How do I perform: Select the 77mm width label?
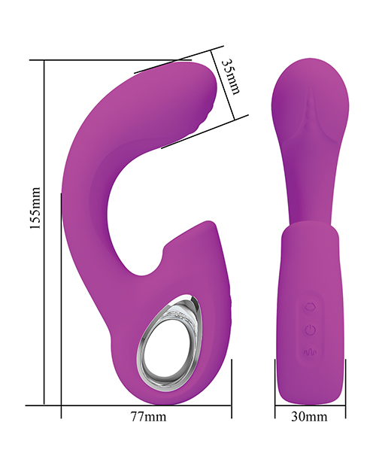(147, 416)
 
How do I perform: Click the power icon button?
(309, 329)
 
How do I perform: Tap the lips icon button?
(309, 307)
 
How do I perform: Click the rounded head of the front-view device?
(308, 90)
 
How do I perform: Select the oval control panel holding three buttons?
(309, 329)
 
